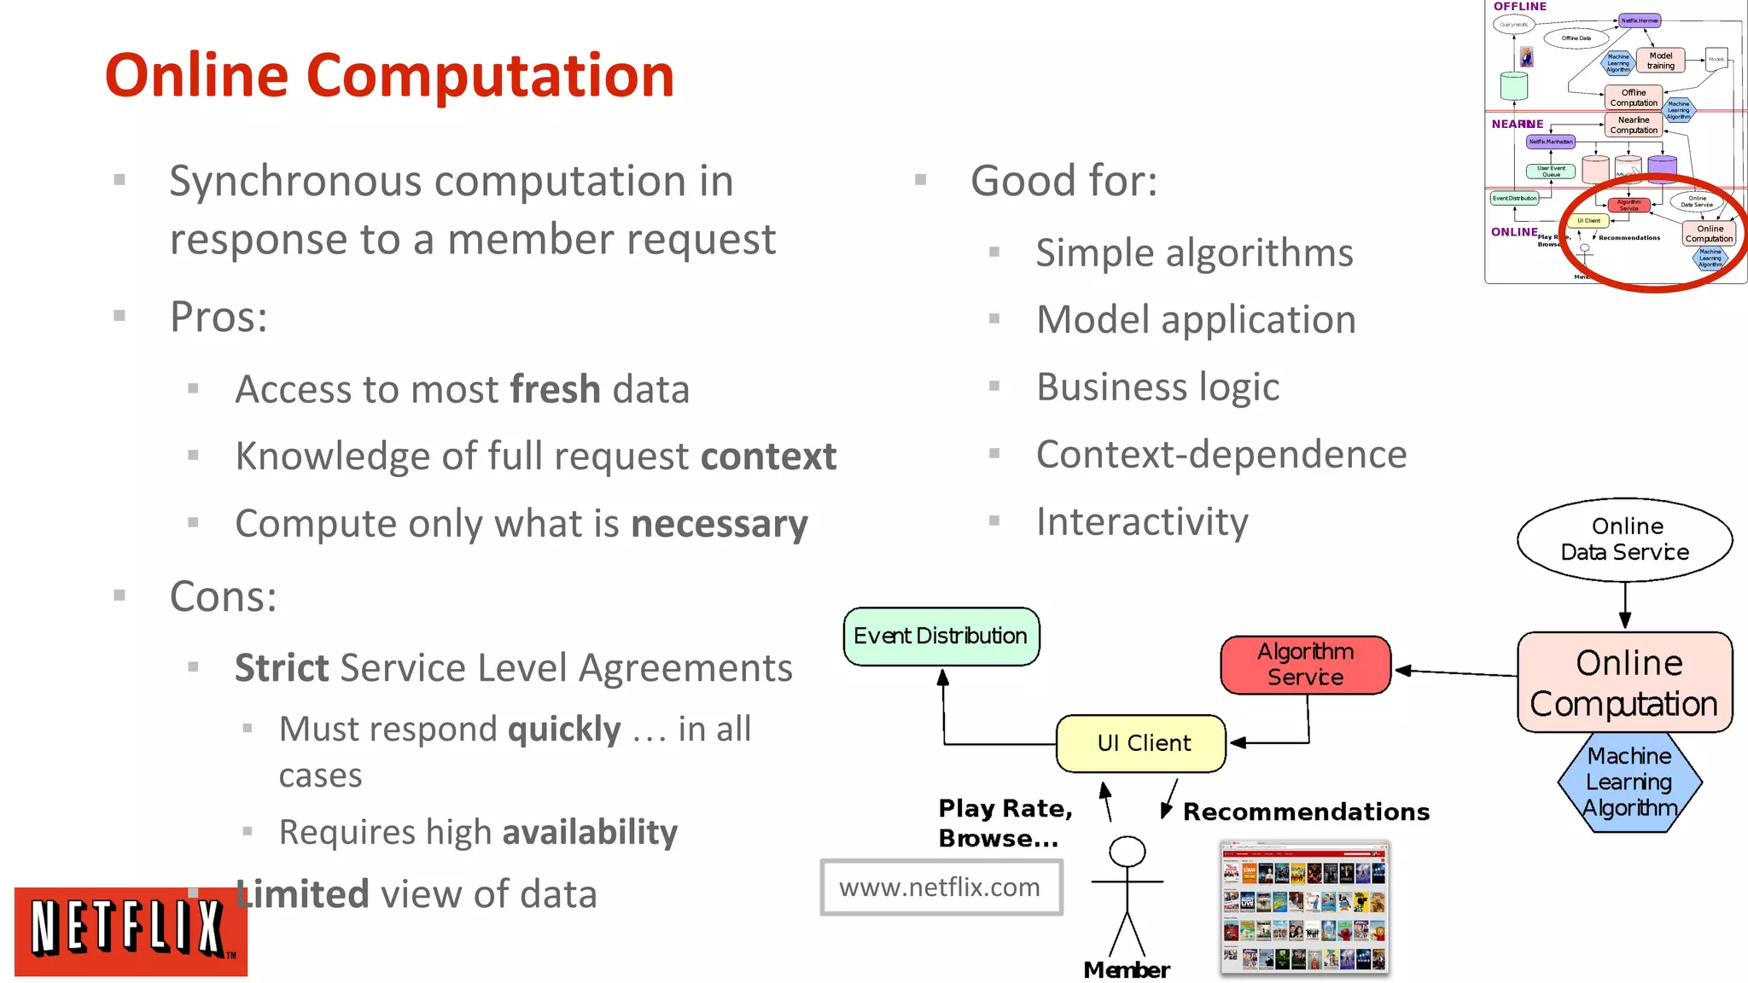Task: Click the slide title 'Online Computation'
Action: (389, 75)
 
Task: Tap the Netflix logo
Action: (130, 930)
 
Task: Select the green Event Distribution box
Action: (941, 636)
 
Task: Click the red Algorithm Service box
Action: (1305, 665)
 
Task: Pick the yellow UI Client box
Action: (1142, 743)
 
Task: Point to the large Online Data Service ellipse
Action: (1624, 539)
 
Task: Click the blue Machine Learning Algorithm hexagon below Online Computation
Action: (1629, 782)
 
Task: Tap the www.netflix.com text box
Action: (941, 887)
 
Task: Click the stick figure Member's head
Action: (1127, 851)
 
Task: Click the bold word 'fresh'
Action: (555, 389)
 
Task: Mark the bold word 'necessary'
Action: (719, 523)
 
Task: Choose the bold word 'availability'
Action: (590, 832)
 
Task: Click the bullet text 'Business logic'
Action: (1157, 387)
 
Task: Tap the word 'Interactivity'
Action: (1142, 521)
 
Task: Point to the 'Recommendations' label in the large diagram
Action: (1306, 811)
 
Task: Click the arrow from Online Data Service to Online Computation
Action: (1624, 606)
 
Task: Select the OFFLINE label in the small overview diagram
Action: (1519, 7)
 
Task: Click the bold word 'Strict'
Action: (282, 667)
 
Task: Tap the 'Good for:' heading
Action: (1063, 181)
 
